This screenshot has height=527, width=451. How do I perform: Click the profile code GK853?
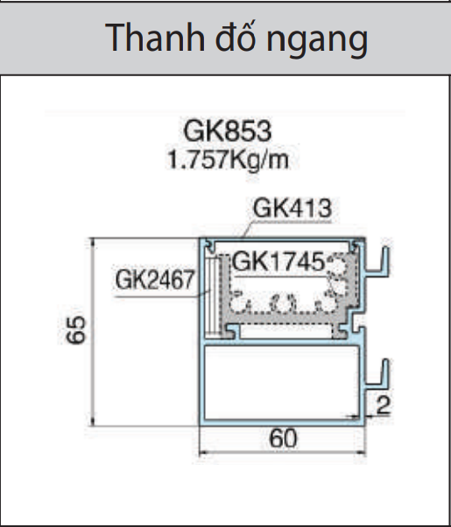(x=228, y=131)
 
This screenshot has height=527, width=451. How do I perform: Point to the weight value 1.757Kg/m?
(x=228, y=159)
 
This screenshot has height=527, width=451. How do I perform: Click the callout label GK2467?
(x=154, y=281)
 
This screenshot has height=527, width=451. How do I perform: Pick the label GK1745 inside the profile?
(x=278, y=261)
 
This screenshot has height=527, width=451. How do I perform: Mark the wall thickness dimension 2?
(x=382, y=404)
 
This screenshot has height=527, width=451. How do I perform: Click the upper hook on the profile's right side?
(x=380, y=263)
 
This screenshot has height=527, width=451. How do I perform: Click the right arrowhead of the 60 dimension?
(x=361, y=452)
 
